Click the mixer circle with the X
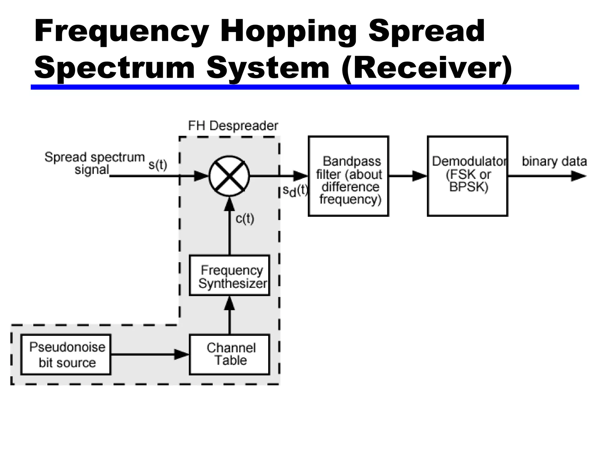point(229,176)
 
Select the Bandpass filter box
point(348,176)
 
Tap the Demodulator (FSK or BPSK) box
point(468,176)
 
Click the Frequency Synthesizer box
point(229,276)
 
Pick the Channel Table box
point(229,354)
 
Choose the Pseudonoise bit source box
point(66,354)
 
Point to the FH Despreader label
point(233,126)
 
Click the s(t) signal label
point(158,164)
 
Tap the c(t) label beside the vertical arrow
point(245,219)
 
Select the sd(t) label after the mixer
point(295,191)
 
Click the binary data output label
point(554,161)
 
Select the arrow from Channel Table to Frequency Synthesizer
point(229,315)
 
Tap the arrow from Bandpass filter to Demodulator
point(408,176)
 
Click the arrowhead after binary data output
point(578,176)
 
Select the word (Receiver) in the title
point(426,68)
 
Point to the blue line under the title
point(304,87)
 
